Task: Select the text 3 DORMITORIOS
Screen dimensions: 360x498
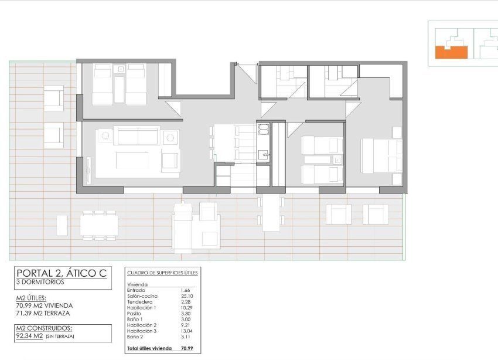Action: (x=41, y=282)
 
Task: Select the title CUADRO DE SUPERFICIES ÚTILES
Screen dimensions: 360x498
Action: (x=162, y=273)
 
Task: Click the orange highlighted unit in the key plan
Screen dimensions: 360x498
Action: (x=451, y=53)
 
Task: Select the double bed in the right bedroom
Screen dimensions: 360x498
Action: (x=381, y=155)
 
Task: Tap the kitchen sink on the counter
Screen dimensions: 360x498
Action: (x=263, y=155)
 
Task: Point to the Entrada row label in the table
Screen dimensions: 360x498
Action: (x=137, y=290)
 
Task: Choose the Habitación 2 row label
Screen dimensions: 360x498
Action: (x=142, y=325)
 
